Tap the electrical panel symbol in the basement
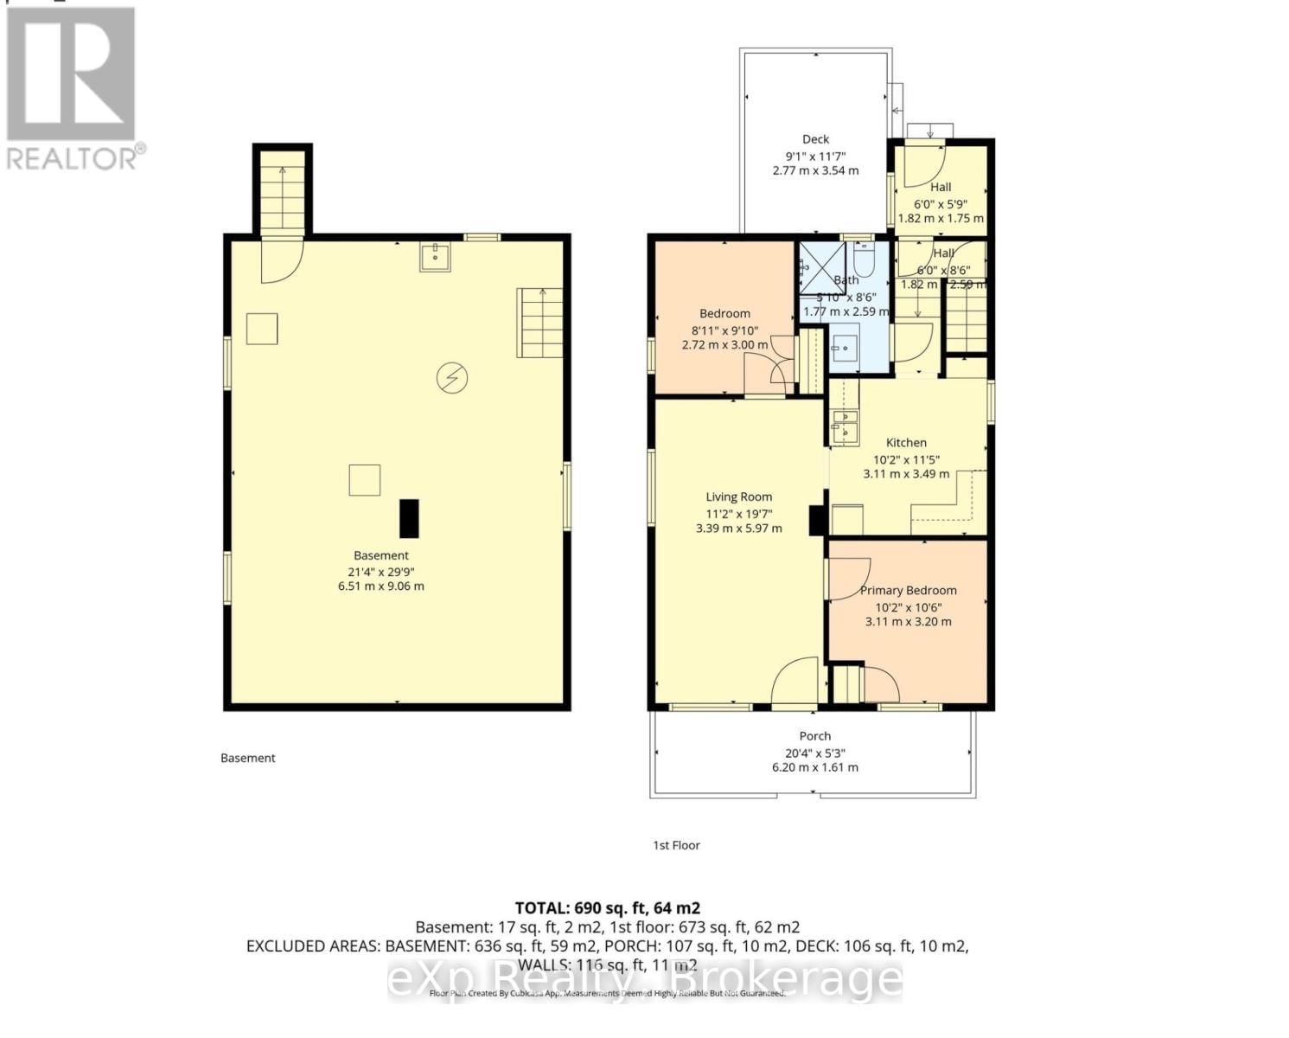click(x=451, y=378)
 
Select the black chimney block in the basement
click(x=408, y=518)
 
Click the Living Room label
click(x=738, y=497)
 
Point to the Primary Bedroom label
click(x=908, y=590)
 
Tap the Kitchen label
click(x=906, y=442)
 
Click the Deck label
click(x=815, y=138)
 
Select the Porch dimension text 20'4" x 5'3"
click(x=814, y=753)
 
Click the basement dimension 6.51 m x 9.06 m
click(x=380, y=586)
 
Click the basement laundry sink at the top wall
click(x=434, y=256)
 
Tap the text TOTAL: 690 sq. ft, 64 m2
click(x=607, y=908)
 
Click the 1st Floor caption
click(x=676, y=845)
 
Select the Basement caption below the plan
click(x=248, y=758)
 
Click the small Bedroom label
click(x=724, y=313)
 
